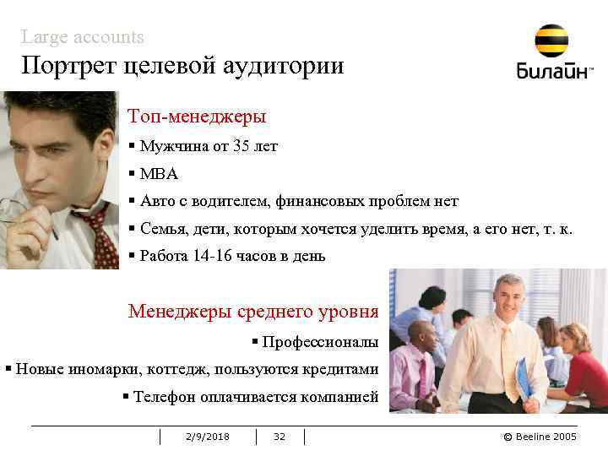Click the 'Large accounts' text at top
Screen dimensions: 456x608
83,37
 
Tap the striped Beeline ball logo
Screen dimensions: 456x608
551,41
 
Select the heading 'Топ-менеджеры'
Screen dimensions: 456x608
197,116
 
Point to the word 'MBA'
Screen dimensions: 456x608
160,174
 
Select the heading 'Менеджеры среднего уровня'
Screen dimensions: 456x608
253,311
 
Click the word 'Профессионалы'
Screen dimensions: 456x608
320,342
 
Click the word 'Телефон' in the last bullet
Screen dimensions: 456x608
162,396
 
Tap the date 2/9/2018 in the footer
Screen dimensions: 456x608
207,437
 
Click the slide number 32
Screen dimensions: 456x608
280,437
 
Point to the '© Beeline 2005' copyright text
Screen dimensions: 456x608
540,437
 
